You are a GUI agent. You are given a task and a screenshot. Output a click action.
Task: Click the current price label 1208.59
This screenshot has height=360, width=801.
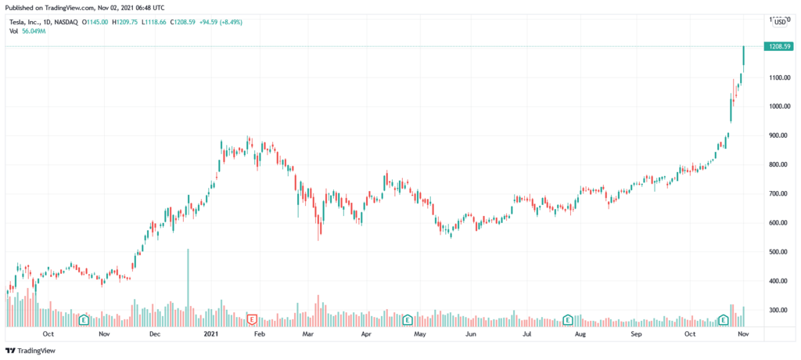(x=777, y=47)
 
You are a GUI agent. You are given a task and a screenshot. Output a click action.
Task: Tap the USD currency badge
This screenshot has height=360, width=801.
(x=779, y=23)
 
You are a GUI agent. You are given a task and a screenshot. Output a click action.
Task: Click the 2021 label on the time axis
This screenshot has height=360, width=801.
(x=210, y=334)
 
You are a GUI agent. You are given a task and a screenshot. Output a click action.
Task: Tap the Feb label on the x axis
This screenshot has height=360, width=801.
(x=260, y=334)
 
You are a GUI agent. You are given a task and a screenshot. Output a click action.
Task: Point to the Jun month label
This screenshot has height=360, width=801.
(x=471, y=334)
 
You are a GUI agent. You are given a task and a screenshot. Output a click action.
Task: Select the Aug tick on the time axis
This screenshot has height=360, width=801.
(x=580, y=334)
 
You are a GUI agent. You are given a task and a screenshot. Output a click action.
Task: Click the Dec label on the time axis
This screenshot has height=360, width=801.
(x=154, y=334)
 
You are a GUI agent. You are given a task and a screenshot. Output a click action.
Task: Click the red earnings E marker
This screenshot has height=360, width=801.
(x=252, y=319)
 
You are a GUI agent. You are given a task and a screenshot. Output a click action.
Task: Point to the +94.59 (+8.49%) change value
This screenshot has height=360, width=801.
(x=221, y=22)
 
